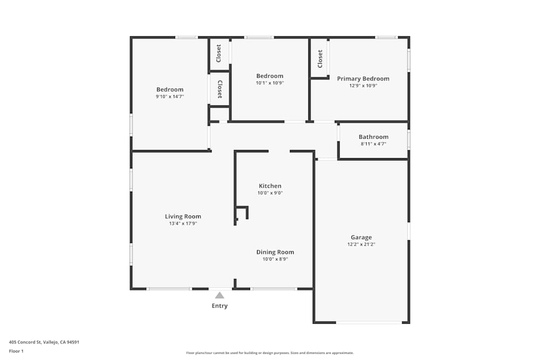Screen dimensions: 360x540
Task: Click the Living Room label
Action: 183,216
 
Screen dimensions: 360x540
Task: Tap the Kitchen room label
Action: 270,186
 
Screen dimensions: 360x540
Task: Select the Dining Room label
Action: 275,252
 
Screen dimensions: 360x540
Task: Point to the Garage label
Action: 361,237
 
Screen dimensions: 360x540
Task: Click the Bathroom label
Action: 374,137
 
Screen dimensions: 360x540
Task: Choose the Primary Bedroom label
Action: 363,79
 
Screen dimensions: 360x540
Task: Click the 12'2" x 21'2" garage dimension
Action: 361,244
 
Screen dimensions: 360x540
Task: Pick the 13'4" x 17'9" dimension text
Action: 183,223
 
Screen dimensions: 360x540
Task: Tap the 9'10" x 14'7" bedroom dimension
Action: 170,97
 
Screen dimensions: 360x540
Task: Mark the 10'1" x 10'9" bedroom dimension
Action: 269,83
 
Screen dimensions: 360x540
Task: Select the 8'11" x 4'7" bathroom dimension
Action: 374,144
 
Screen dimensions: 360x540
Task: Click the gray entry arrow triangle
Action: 220,295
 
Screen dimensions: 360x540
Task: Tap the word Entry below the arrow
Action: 220,306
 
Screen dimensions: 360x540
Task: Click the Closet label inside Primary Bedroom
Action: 320,59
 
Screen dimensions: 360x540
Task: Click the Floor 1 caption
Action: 16,351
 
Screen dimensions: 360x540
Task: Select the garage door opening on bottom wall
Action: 369,323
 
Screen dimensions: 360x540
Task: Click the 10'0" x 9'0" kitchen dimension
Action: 270,193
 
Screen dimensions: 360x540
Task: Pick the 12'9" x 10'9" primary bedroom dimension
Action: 363,86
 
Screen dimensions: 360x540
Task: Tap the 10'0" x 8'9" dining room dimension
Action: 275,259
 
